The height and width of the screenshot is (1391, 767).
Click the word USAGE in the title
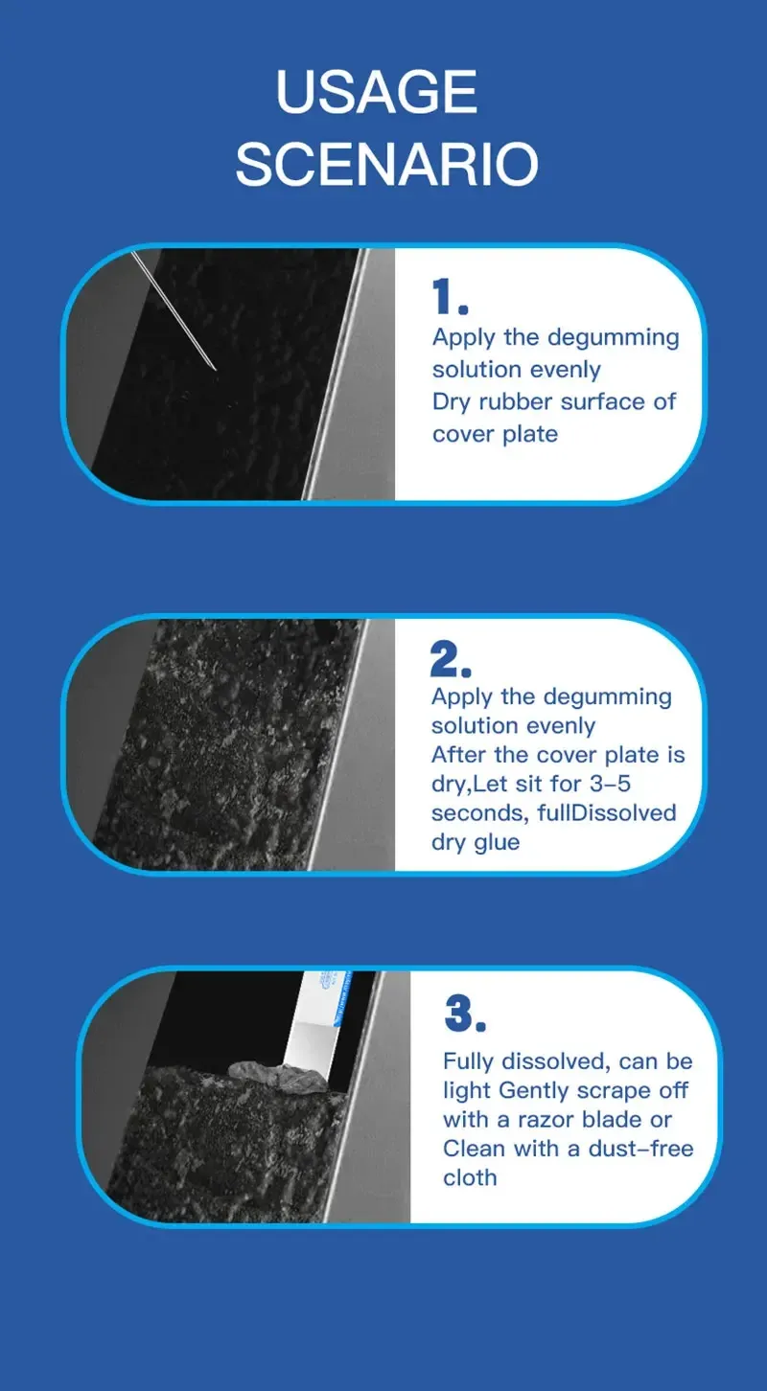tap(377, 91)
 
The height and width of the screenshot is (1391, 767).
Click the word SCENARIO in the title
tap(386, 164)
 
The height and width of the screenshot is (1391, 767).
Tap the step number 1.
tap(450, 297)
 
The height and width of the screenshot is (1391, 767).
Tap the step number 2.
tap(450, 658)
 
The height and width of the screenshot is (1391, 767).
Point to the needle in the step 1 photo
tap(173, 310)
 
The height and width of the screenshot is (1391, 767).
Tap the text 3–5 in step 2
tap(610, 784)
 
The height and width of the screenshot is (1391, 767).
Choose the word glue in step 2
tap(497, 843)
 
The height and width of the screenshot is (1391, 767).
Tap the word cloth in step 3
tap(470, 1177)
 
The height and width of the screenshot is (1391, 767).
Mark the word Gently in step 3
tap(542, 1091)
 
